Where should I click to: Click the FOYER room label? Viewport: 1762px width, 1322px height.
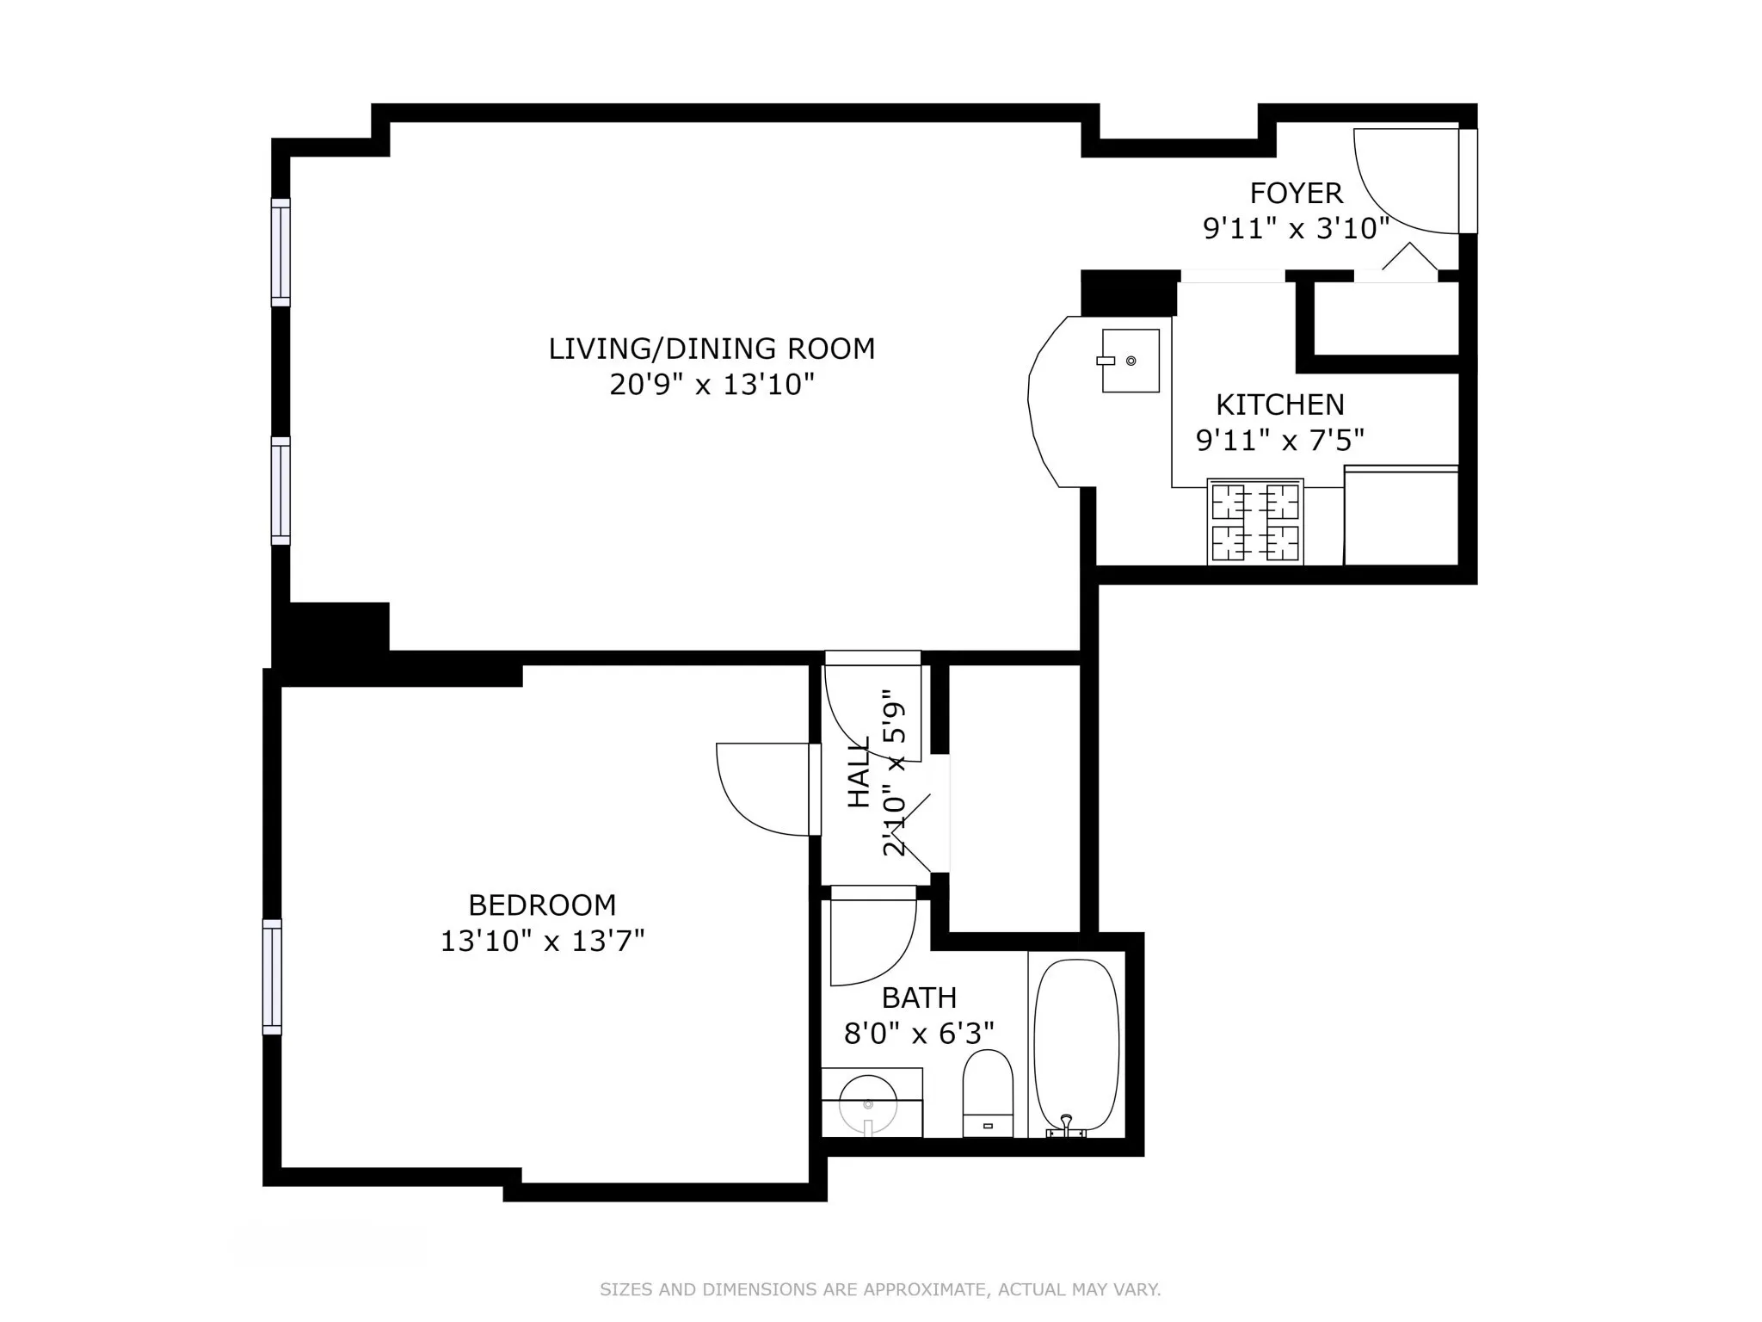(1296, 193)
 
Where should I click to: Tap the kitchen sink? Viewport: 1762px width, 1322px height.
(1131, 361)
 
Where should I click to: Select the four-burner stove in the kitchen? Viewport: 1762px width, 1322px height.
(1255, 522)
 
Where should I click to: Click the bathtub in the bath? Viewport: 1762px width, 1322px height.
(1076, 1045)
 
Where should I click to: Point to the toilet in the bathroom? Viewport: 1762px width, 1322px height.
(988, 1093)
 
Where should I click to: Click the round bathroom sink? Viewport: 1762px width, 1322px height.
(868, 1103)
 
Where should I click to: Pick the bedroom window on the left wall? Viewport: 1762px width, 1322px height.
(272, 976)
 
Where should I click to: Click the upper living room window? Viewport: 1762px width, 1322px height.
(280, 251)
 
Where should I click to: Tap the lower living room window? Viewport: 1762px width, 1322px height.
(280, 491)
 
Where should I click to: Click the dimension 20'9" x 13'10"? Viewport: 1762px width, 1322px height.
(712, 384)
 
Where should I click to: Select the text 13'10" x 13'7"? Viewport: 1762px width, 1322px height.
(542, 941)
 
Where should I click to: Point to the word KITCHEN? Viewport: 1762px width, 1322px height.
(1279, 405)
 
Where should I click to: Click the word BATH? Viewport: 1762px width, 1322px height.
(919, 998)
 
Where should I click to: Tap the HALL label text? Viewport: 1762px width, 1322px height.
(859, 772)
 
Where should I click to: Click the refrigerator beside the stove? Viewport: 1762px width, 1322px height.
(1401, 516)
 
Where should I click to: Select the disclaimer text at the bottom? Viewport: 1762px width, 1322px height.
(880, 1289)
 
